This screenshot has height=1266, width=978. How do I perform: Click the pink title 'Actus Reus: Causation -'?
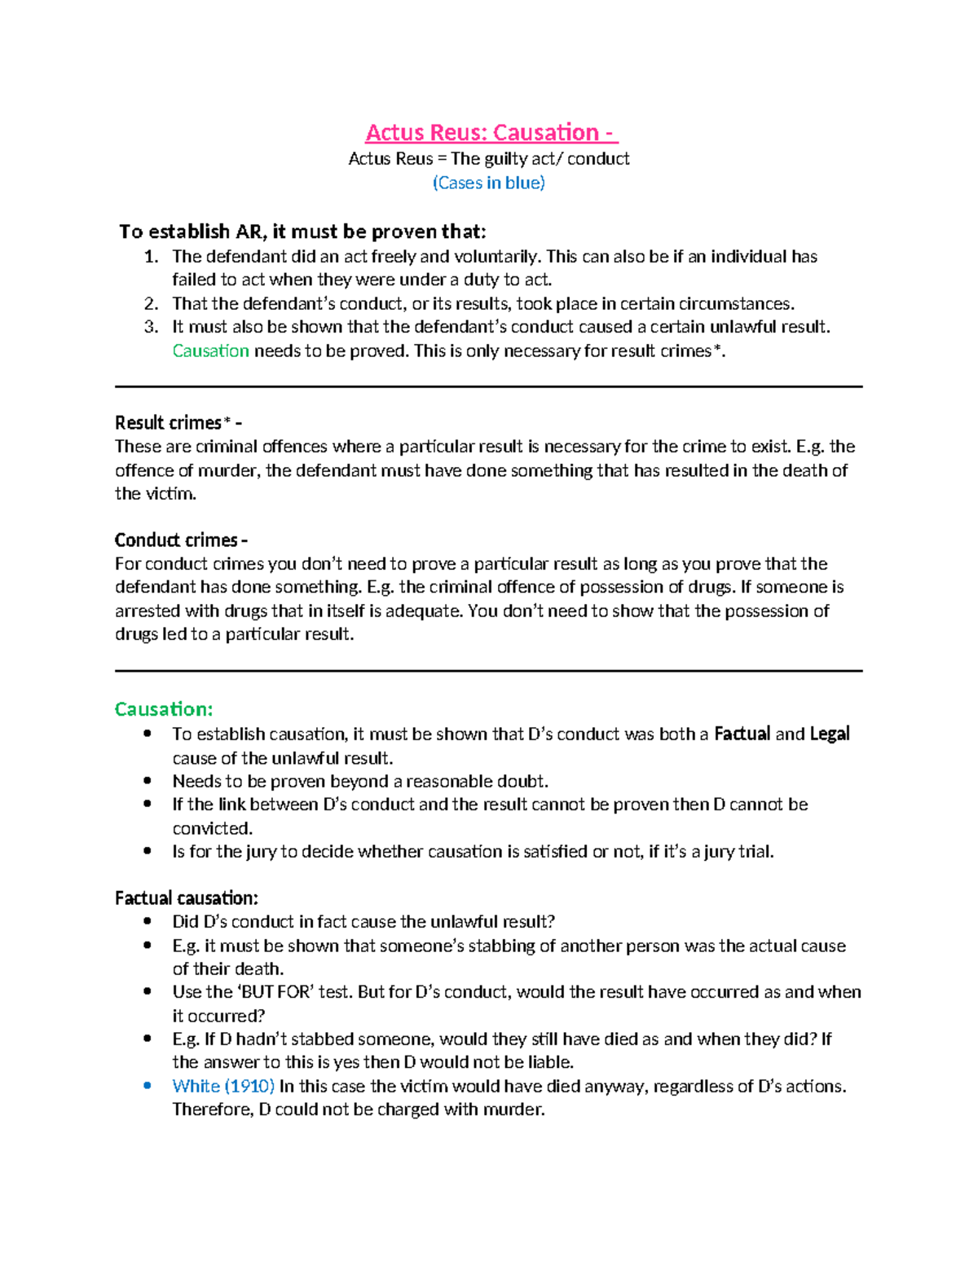click(x=491, y=132)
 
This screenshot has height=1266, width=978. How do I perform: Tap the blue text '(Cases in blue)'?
click(x=488, y=183)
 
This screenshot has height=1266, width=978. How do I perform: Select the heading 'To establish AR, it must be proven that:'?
click(x=302, y=232)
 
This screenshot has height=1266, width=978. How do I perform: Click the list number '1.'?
click(x=151, y=257)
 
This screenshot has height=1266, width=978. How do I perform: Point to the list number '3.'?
click(x=151, y=327)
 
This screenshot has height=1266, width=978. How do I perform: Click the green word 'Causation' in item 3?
click(x=210, y=351)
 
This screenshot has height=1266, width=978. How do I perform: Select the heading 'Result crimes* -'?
click(x=178, y=422)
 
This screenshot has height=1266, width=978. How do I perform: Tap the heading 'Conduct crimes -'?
click(x=181, y=540)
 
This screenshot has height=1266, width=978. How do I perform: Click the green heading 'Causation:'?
click(x=164, y=709)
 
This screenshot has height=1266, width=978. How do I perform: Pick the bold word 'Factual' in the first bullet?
click(x=742, y=734)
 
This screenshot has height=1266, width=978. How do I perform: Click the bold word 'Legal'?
click(x=830, y=734)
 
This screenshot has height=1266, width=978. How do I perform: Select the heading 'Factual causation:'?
click(x=186, y=898)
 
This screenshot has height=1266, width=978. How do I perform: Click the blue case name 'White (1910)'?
click(x=223, y=1086)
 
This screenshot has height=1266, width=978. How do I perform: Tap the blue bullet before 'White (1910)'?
click(x=148, y=1086)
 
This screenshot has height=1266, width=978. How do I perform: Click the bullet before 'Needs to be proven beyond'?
click(x=148, y=781)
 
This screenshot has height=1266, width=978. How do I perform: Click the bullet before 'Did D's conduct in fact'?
click(x=148, y=922)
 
